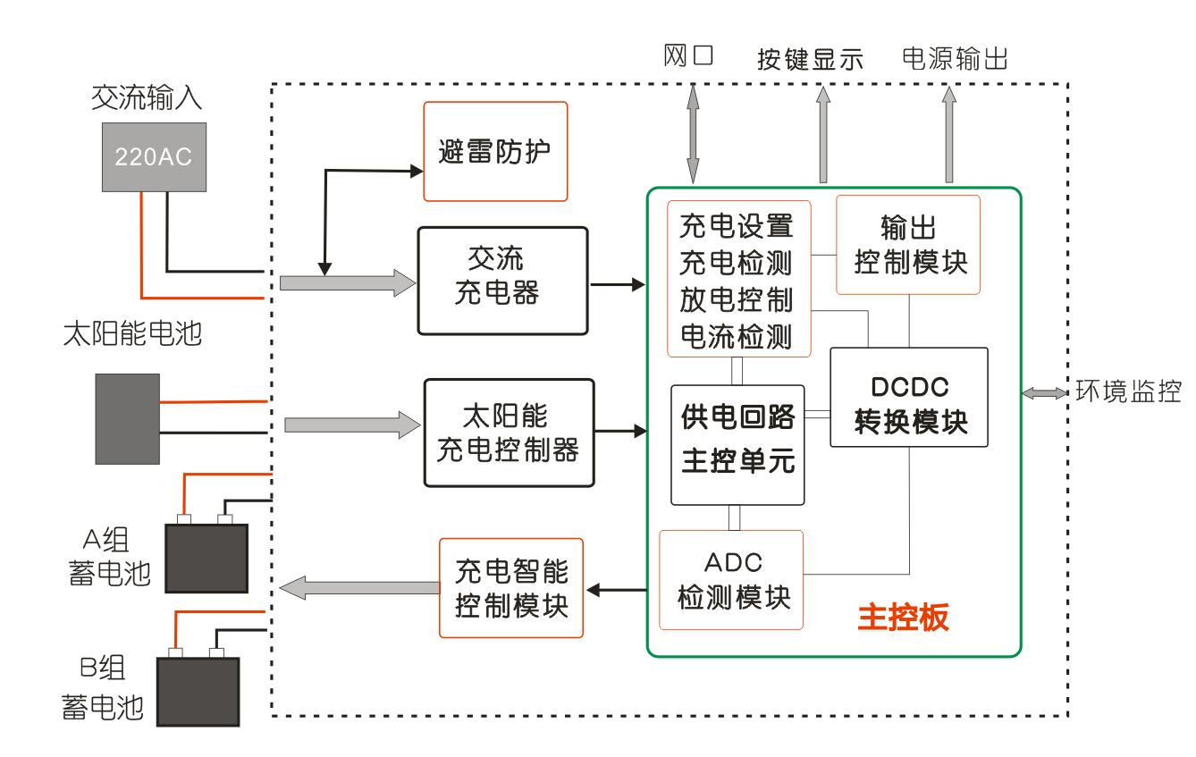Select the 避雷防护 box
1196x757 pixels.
click(494, 151)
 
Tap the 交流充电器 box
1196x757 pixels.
click(502, 279)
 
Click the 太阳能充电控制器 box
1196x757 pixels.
click(509, 433)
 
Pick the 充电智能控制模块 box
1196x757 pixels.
click(511, 586)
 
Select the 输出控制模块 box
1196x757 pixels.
click(907, 244)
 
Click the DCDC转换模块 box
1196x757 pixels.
click(908, 397)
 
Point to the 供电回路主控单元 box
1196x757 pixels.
click(737, 444)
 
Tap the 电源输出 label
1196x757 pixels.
click(955, 60)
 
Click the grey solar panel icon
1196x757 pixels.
click(128, 417)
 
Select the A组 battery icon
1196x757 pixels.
click(206, 556)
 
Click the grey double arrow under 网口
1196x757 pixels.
click(692, 131)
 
